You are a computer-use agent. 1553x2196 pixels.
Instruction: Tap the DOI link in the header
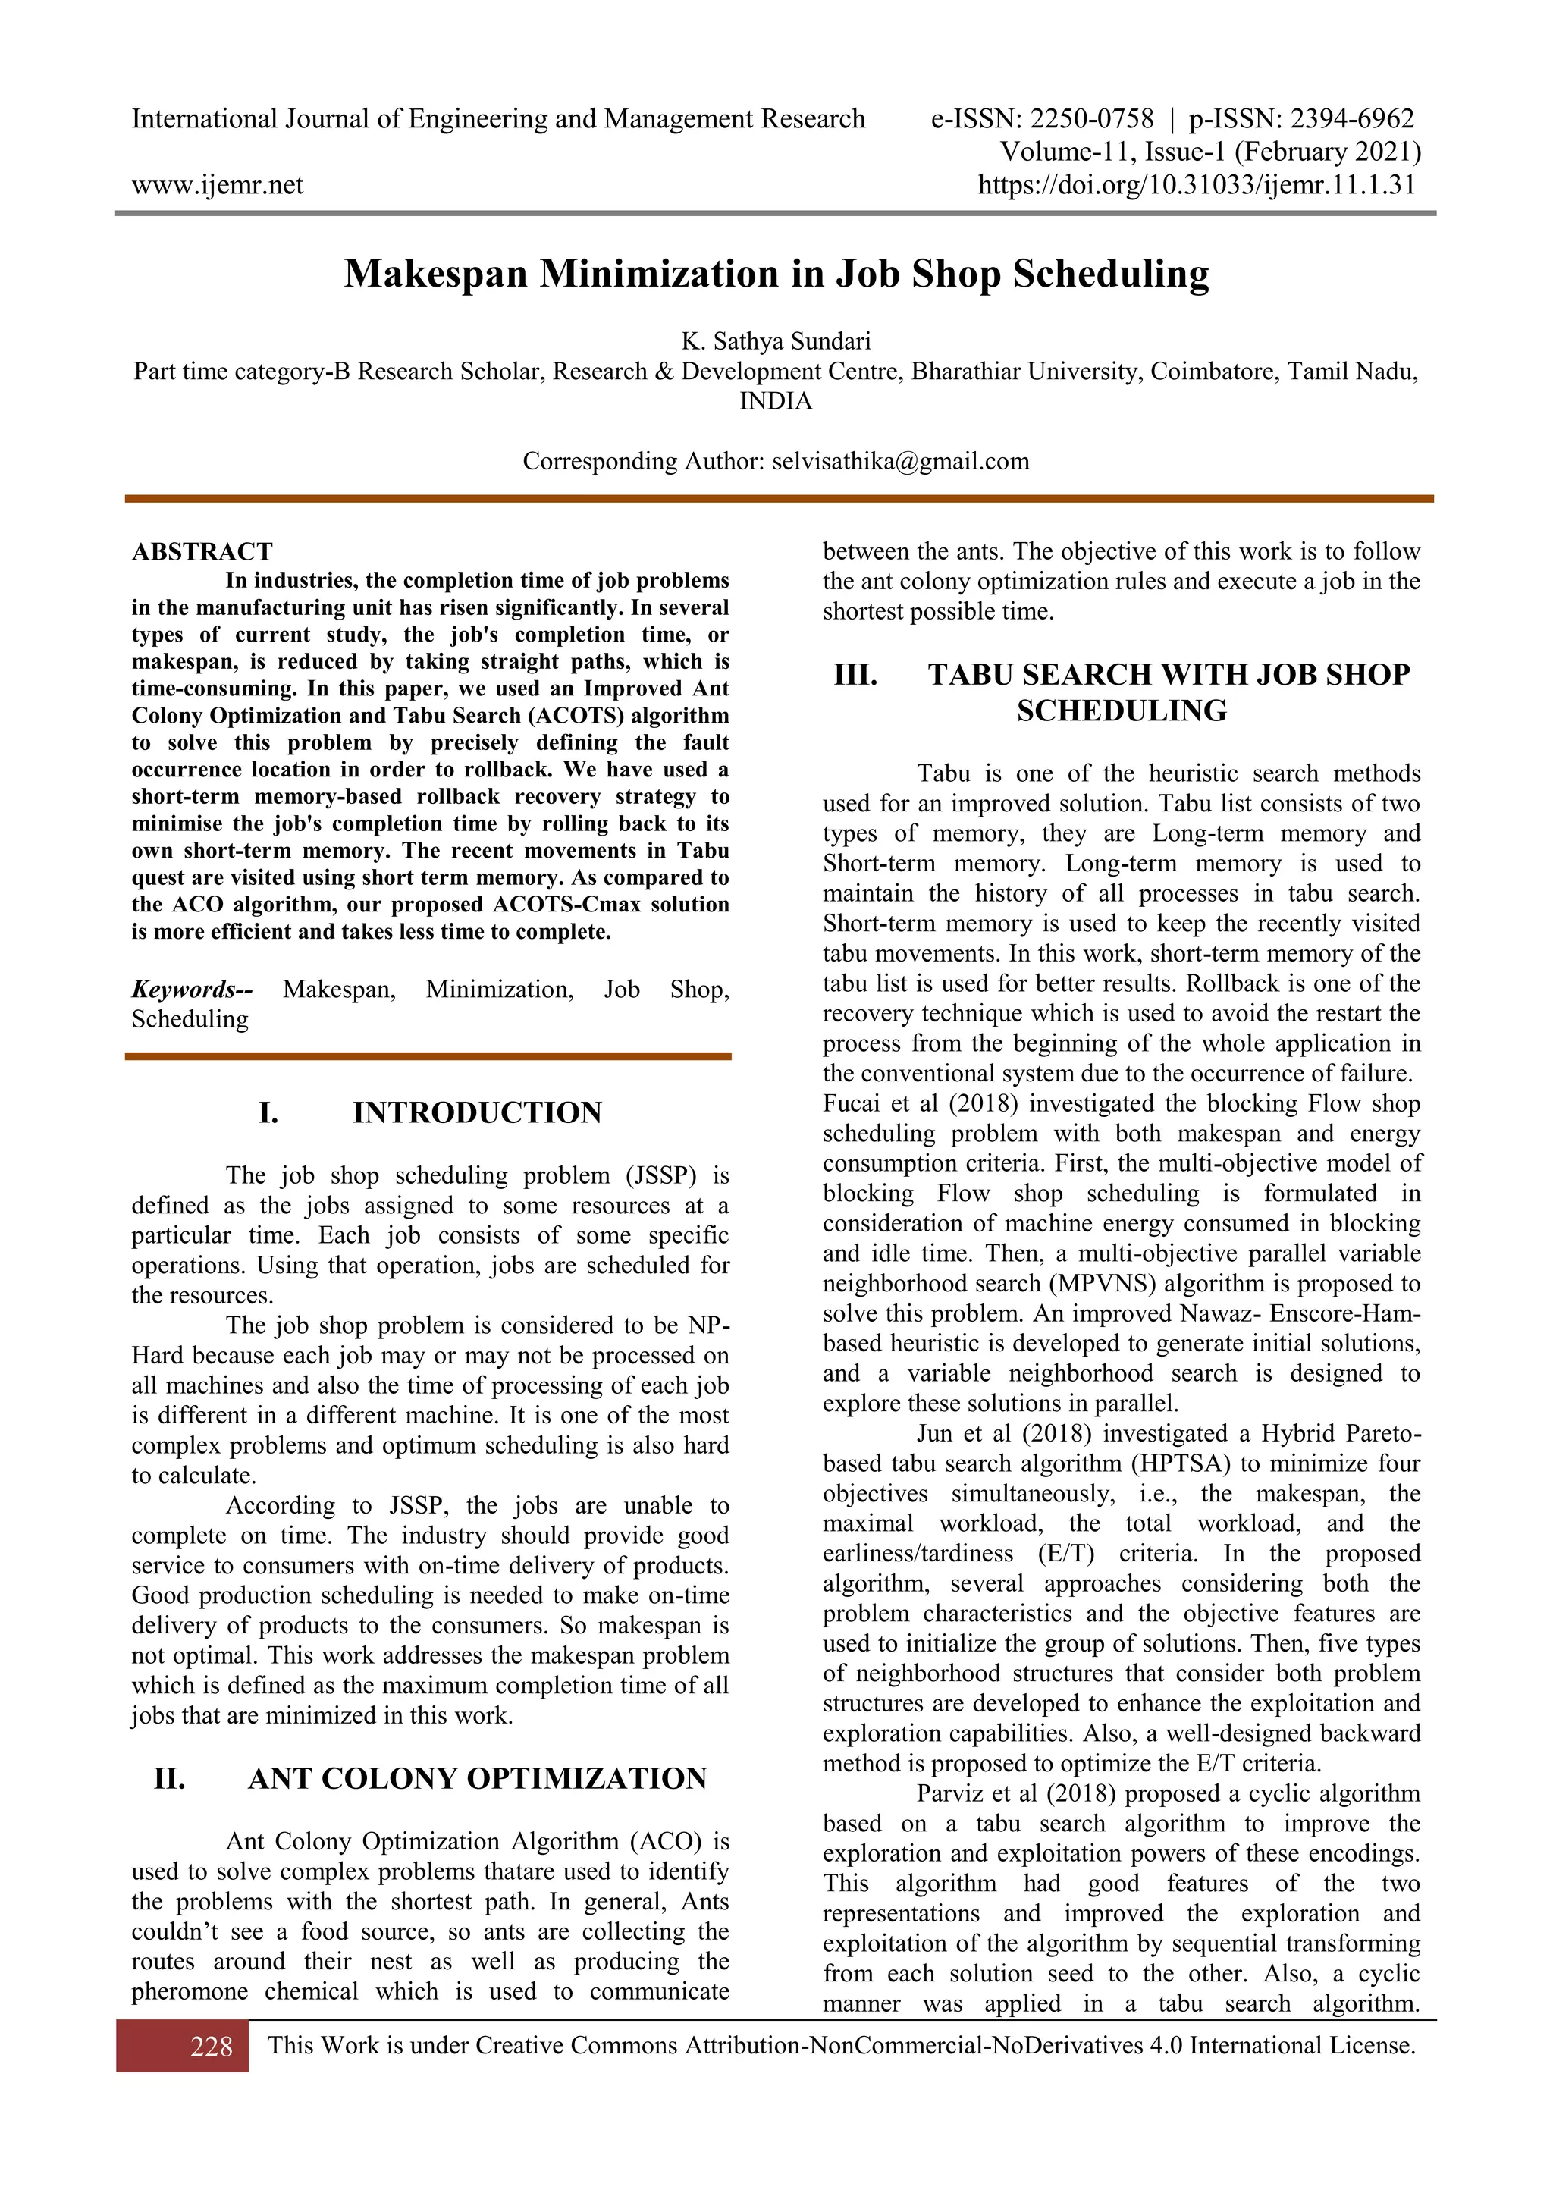pyautogui.click(x=1197, y=184)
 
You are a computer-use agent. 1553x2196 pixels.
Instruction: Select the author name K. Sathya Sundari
pyautogui.click(x=776, y=341)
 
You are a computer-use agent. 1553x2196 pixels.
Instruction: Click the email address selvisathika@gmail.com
pyautogui.click(x=901, y=461)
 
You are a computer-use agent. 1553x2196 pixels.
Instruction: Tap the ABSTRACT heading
pyautogui.click(x=202, y=552)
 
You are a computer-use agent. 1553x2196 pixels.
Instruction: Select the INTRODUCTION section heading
pyautogui.click(x=477, y=1112)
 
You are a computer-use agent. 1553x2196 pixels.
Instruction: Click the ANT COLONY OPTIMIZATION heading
pyautogui.click(x=477, y=1778)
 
